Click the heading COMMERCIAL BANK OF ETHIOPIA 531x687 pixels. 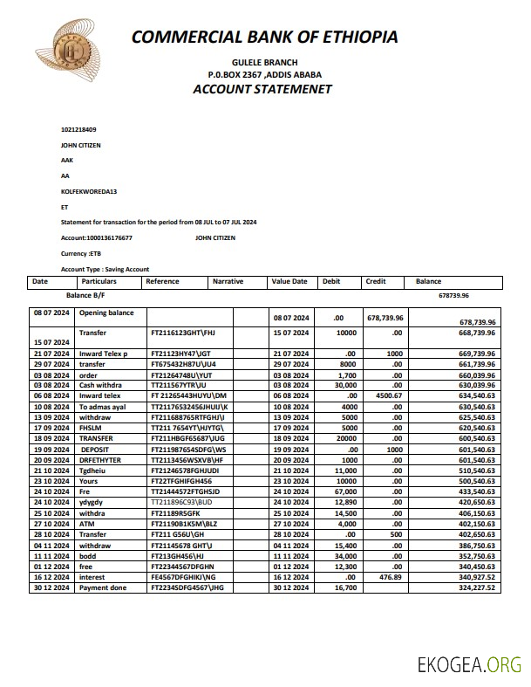[265, 37]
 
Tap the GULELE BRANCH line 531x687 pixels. [264, 62]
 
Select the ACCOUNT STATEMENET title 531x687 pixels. [262, 89]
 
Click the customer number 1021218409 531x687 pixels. [78, 129]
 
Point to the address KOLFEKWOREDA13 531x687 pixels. [88, 190]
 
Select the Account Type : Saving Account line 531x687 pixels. [105, 269]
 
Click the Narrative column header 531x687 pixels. [228, 282]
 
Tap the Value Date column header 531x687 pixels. [289, 282]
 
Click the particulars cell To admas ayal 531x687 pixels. [103, 407]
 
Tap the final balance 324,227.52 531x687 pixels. [476, 587]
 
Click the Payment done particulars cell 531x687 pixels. [103, 587]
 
